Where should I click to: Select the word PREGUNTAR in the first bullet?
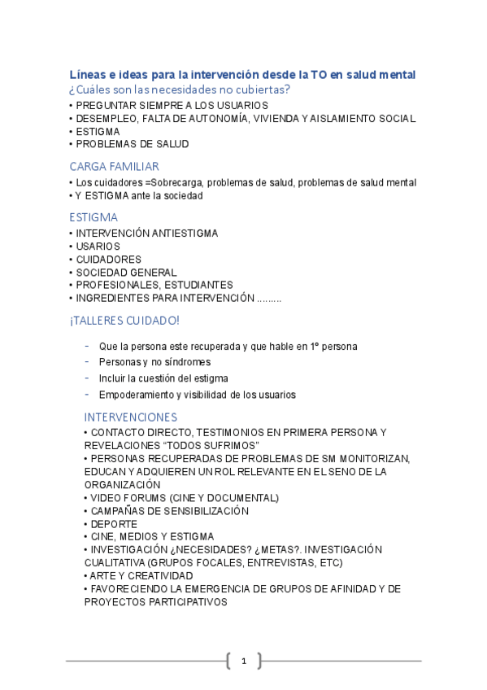click(102, 105)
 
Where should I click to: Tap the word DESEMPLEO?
click(102, 118)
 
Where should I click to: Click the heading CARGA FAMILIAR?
click(114, 166)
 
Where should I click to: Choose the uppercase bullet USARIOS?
click(98, 246)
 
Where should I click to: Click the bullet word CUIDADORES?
click(108, 259)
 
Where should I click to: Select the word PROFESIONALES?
click(118, 285)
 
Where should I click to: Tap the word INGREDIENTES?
click(111, 298)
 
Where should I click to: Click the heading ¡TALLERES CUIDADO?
click(124, 321)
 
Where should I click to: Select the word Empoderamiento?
click(135, 395)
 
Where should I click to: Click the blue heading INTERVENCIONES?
click(130, 417)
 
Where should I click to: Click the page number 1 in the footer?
click(243, 661)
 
